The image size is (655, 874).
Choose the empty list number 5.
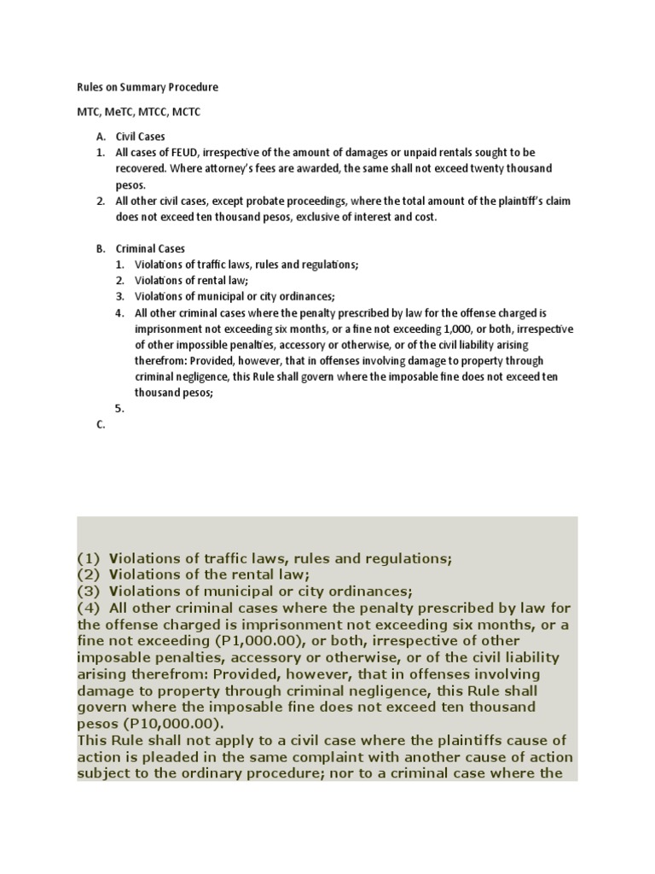coord(120,408)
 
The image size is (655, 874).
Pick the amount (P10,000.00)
coord(159,723)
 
